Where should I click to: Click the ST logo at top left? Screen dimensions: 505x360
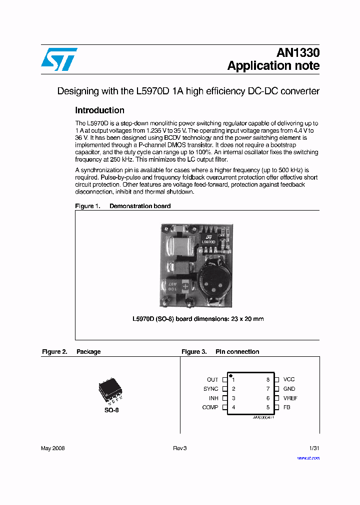click(59, 59)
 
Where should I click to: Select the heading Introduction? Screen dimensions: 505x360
click(99, 110)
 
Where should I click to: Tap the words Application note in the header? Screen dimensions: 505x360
click(273, 66)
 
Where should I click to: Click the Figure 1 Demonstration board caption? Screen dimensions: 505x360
click(122, 206)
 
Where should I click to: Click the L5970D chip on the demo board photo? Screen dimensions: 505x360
click(208, 239)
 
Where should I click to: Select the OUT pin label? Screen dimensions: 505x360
click(212, 380)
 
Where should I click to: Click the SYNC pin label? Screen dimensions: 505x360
click(210, 389)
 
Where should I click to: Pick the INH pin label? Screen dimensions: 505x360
click(213, 398)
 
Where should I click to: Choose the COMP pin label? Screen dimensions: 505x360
click(210, 407)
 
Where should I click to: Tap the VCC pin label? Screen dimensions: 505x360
click(289, 380)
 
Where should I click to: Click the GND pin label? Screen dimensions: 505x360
click(289, 389)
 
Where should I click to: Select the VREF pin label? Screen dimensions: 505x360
click(290, 398)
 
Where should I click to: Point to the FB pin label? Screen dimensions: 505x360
click(287, 407)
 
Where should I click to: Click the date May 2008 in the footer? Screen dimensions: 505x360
click(52, 448)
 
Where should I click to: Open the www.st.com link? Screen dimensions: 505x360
click(308, 458)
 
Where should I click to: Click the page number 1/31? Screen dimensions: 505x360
click(313, 448)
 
